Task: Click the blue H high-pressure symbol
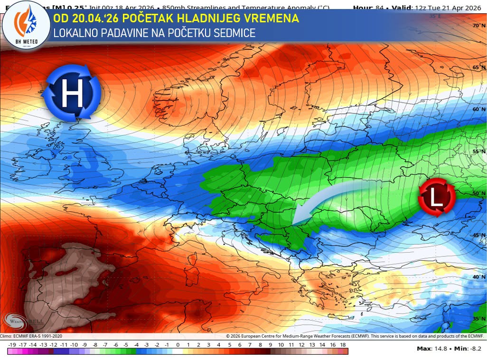71,92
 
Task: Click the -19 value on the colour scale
13,344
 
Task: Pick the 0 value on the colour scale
178,344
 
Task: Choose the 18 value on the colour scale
343,344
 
